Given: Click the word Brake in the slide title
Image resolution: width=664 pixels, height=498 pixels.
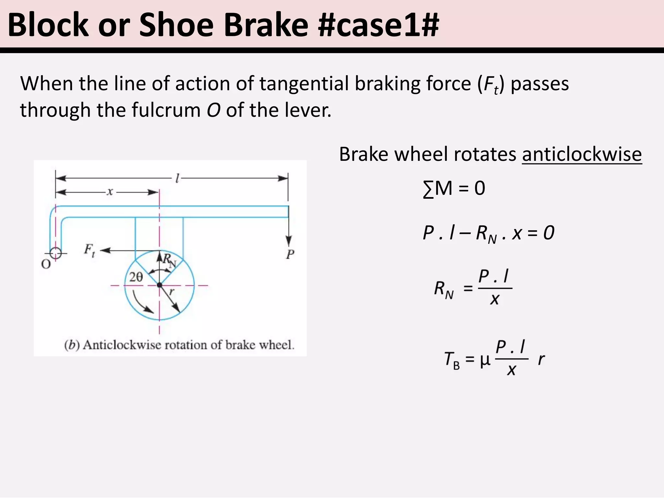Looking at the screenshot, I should click(x=266, y=25).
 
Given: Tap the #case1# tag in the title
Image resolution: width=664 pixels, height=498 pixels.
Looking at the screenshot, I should click(x=378, y=25).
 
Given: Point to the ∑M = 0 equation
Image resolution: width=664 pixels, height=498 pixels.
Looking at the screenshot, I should click(x=454, y=188).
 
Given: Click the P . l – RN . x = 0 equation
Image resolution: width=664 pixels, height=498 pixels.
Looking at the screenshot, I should click(x=488, y=233).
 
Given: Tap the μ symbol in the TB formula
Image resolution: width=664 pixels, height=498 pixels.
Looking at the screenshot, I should click(x=485, y=361).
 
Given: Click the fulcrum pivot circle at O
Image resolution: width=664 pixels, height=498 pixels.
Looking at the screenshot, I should click(x=56, y=253).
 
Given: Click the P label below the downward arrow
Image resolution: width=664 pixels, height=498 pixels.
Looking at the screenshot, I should click(x=290, y=255).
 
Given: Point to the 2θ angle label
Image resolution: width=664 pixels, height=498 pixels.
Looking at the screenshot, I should click(x=136, y=277).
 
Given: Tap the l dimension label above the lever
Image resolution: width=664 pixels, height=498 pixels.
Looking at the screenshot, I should click(x=177, y=178).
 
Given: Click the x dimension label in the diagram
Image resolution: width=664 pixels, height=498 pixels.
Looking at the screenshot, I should click(x=110, y=192).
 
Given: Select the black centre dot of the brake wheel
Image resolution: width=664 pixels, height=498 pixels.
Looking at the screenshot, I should click(x=159, y=285).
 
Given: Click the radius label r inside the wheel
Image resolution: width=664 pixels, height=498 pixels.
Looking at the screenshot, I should click(x=172, y=292).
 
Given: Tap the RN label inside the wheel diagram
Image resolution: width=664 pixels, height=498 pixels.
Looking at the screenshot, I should click(x=169, y=260).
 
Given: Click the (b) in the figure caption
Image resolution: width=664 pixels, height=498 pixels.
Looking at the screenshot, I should click(x=72, y=345).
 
